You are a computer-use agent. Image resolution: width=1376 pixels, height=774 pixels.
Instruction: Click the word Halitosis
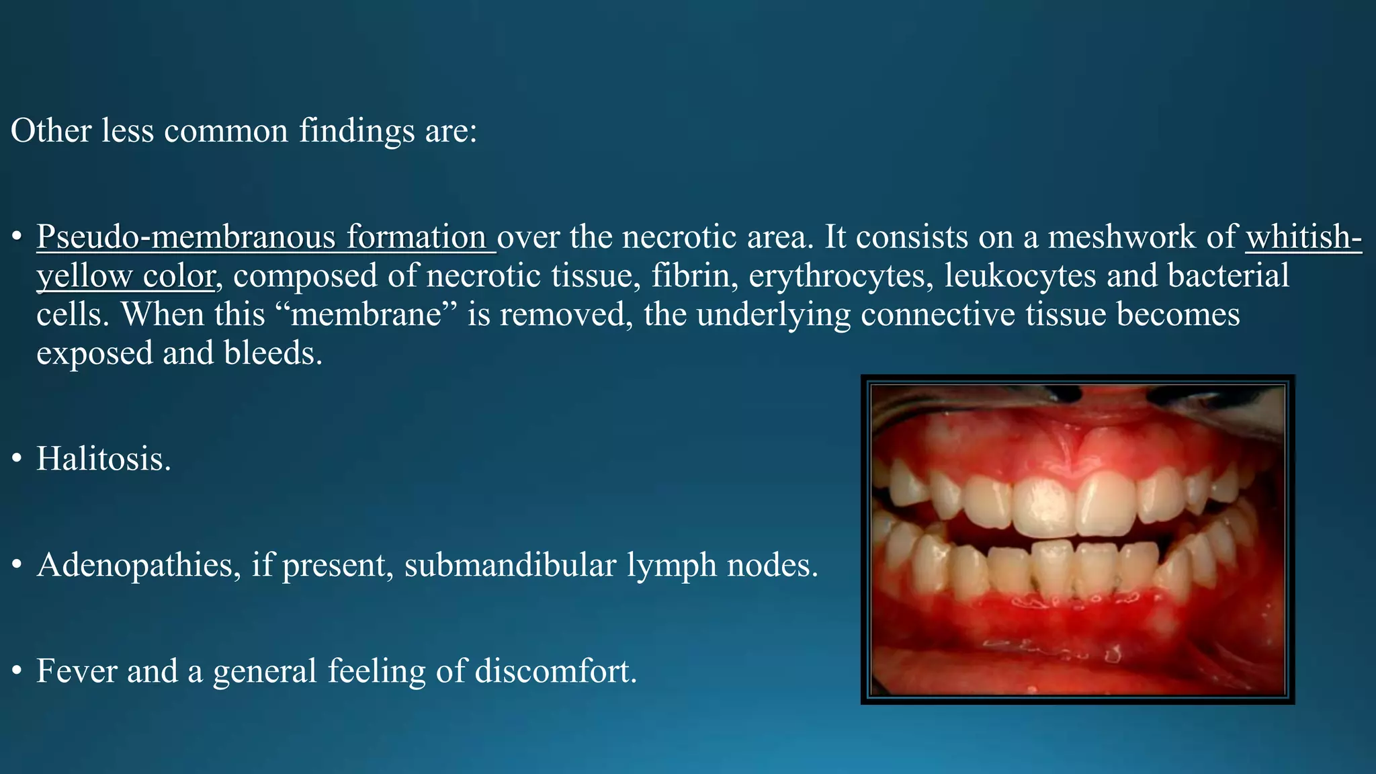tap(103, 460)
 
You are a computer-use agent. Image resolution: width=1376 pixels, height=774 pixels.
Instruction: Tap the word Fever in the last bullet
tap(76, 671)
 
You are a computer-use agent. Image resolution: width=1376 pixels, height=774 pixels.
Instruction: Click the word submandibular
tap(510, 565)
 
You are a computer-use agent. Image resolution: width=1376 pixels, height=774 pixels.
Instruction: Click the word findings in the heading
tap(357, 131)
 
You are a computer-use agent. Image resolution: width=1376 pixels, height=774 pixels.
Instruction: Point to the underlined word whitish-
tap(1303, 237)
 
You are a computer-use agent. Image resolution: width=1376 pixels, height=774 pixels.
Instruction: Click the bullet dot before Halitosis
tap(17, 460)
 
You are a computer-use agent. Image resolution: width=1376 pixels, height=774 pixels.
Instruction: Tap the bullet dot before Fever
tap(17, 672)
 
